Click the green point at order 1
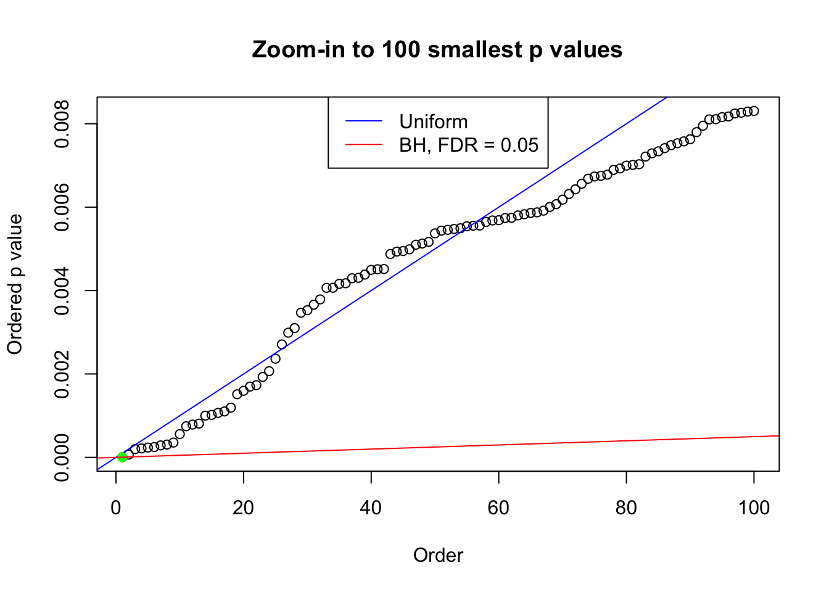(x=122, y=457)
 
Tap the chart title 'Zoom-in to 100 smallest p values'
(x=437, y=49)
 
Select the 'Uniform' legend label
(x=433, y=121)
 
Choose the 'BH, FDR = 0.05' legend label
(x=469, y=145)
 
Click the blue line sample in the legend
(x=364, y=121)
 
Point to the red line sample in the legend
(x=364, y=145)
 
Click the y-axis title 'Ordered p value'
(x=15, y=284)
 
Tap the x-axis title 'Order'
(x=438, y=555)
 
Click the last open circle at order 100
(x=754, y=111)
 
